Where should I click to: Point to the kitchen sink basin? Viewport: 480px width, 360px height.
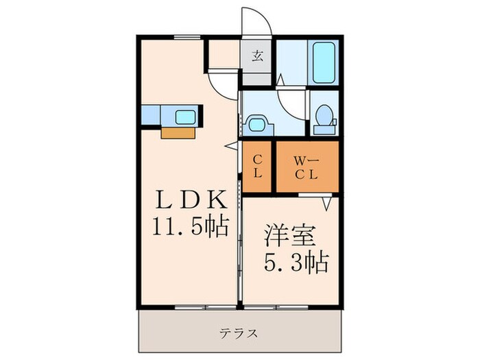click(185, 117)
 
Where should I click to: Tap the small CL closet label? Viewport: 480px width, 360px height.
click(257, 167)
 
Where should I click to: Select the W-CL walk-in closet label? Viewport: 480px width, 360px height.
click(307, 167)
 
